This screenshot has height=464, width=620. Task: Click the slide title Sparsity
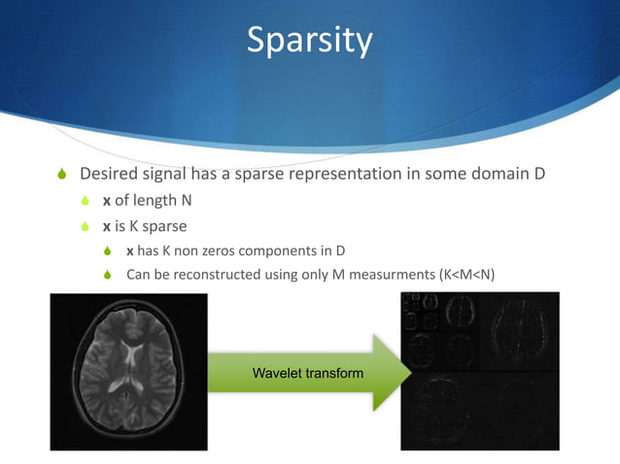click(309, 41)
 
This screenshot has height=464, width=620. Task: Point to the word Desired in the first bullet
click(110, 175)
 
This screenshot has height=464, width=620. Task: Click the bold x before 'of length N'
click(107, 201)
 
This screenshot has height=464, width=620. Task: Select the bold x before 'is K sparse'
click(107, 226)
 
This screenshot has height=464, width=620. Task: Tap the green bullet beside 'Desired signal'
click(59, 176)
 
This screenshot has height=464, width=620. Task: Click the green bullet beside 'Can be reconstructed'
click(110, 276)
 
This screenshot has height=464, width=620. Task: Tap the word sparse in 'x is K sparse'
click(165, 226)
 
